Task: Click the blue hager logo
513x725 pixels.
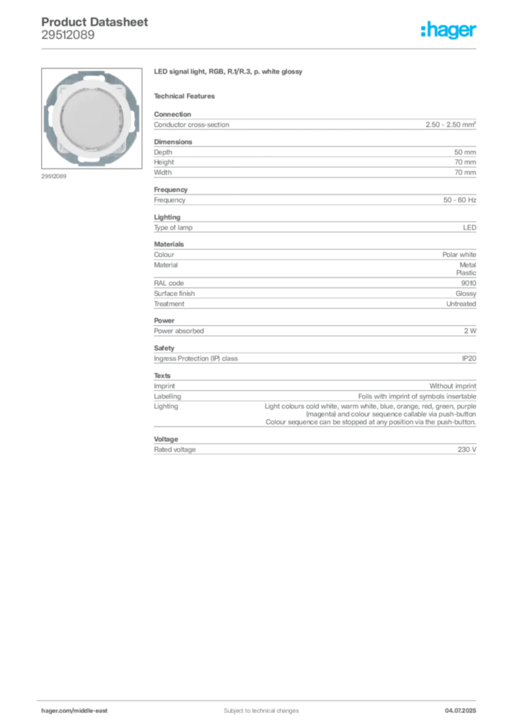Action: tap(450, 30)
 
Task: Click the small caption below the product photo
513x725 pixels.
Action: tap(54, 176)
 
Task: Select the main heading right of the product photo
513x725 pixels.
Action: tap(229, 73)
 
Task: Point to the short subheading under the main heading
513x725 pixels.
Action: tap(187, 95)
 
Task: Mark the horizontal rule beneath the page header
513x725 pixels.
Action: tap(261, 47)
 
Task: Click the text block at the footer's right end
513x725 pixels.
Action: tap(465, 705)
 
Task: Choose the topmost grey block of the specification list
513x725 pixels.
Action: tap(314, 123)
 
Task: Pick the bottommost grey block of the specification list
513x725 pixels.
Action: tap(314, 448)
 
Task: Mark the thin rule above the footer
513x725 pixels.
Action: tap(261, 697)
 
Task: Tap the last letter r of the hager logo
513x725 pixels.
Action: tap(475, 33)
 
